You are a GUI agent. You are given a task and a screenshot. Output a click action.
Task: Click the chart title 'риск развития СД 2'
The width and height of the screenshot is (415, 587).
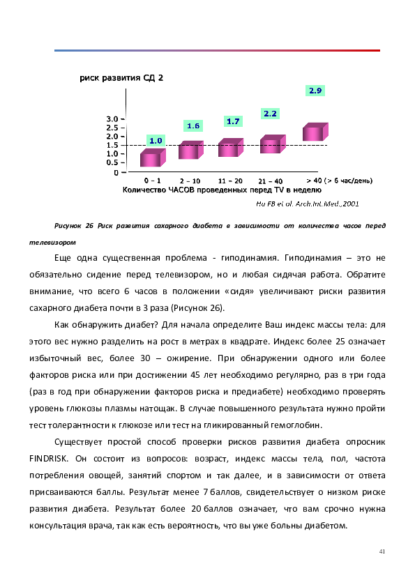pyautogui.click(x=121, y=78)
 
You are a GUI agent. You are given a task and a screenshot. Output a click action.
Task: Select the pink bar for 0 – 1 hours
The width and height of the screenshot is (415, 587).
pyautogui.click(x=153, y=158)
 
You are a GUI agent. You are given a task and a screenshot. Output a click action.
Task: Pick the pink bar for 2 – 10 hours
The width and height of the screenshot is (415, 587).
pyautogui.click(x=191, y=150)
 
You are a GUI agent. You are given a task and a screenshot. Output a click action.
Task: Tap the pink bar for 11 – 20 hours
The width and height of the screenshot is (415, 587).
pyautogui.click(x=231, y=148)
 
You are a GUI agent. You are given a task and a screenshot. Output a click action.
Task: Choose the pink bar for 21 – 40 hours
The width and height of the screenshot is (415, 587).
pyautogui.click(x=273, y=144)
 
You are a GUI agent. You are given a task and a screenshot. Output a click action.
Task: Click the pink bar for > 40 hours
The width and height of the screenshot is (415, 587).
pyautogui.click(x=315, y=132)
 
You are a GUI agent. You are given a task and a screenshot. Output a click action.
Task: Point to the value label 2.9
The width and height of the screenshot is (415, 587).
pyautogui.click(x=315, y=91)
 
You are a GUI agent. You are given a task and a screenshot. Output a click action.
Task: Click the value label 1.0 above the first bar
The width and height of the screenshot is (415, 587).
pyautogui.click(x=156, y=141)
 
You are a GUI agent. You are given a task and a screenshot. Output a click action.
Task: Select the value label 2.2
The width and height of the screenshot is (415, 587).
pyautogui.click(x=270, y=114)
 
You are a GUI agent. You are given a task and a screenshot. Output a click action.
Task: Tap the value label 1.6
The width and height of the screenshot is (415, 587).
pyautogui.click(x=193, y=125)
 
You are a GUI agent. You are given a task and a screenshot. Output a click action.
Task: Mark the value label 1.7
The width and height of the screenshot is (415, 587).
pyautogui.click(x=233, y=121)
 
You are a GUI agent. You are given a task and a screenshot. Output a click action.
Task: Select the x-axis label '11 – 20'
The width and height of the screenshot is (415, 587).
pyautogui.click(x=230, y=181)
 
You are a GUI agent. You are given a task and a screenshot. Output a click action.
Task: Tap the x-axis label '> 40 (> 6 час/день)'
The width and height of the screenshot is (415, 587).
pyautogui.click(x=340, y=181)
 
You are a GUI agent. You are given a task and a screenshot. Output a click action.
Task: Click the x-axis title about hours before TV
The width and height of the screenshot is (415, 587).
pyautogui.click(x=222, y=190)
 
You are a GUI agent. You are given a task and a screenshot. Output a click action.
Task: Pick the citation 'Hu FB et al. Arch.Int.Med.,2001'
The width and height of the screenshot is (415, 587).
pyautogui.click(x=308, y=204)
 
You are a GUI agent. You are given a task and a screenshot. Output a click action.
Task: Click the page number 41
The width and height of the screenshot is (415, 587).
pyautogui.click(x=382, y=551)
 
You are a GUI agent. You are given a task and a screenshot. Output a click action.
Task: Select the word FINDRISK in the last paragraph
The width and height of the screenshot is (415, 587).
pyautogui.click(x=49, y=459)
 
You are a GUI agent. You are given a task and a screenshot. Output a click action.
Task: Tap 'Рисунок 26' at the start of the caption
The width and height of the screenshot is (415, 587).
pyautogui.click(x=74, y=226)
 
